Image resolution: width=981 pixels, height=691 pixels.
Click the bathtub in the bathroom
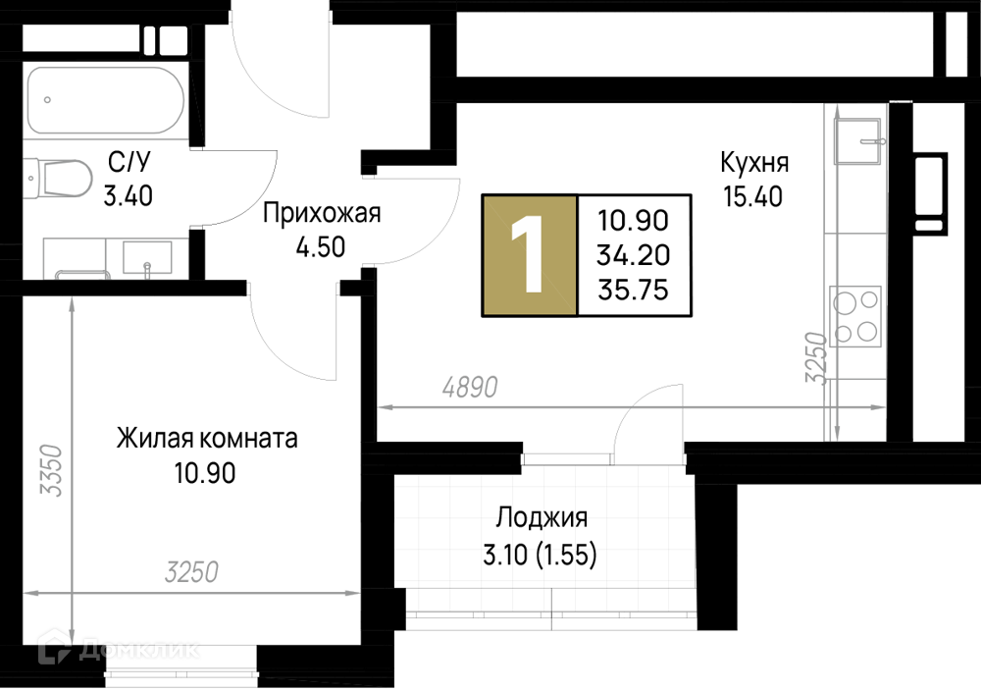106,101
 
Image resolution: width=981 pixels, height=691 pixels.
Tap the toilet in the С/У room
58,179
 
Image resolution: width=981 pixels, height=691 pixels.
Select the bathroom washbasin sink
147,258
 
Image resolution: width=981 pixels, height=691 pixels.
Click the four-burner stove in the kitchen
855,316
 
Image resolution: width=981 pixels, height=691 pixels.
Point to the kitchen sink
860,140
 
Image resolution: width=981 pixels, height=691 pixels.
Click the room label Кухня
753,163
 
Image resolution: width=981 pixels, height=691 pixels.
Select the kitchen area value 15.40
753,196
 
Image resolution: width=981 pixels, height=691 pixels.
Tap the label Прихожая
322,213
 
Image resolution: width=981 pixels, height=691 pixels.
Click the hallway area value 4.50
321,247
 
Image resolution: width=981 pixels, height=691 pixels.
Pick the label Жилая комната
207,439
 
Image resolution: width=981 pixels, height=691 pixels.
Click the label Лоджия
542,519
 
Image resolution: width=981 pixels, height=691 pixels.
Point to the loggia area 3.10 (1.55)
540,555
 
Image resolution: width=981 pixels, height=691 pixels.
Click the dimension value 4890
470,388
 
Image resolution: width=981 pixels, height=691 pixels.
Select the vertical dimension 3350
51,470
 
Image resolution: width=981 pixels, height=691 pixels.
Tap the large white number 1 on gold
527,254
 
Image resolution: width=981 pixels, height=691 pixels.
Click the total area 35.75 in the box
633,290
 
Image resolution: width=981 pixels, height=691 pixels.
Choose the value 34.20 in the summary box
633,255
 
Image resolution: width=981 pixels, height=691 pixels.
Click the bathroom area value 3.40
129,196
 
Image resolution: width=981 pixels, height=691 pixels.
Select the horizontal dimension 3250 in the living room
191,572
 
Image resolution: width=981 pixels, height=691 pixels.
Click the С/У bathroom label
129,163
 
